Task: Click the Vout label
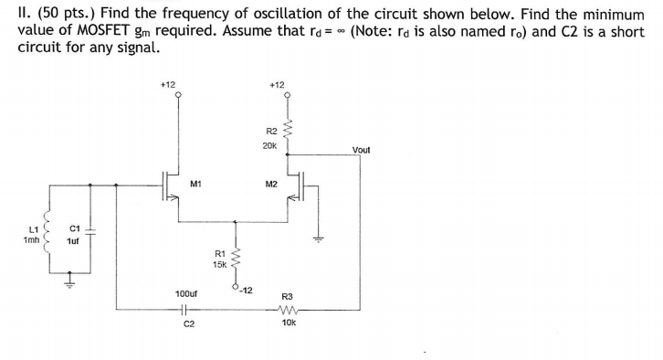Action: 361,150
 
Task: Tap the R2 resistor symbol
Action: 288,134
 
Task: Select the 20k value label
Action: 269,145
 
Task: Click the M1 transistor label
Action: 195,184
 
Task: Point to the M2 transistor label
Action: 270,184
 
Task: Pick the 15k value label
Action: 219,264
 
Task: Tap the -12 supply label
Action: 245,290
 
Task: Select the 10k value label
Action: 288,323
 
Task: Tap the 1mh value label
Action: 30,239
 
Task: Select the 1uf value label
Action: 73,240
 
